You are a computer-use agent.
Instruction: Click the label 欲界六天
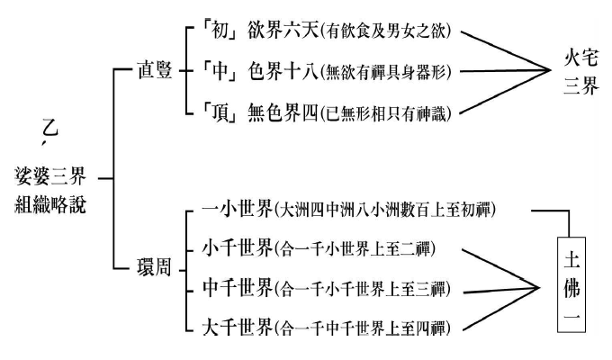coord(274,31)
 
